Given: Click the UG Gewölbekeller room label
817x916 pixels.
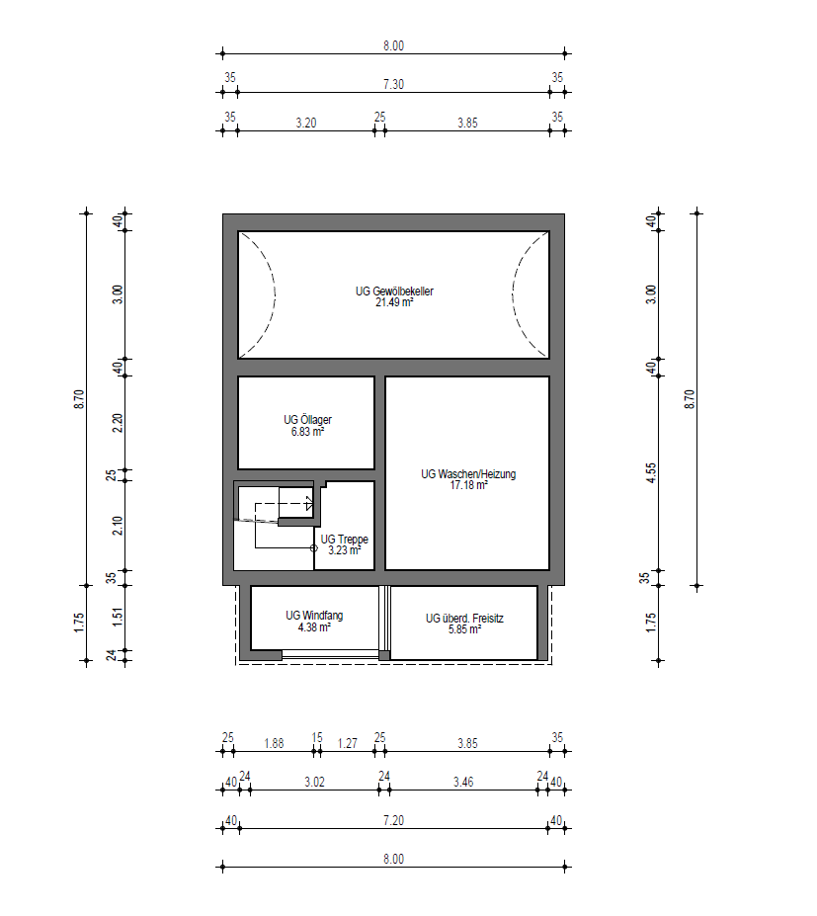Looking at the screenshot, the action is coord(394,291).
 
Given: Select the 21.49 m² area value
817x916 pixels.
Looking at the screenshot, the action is coord(394,302).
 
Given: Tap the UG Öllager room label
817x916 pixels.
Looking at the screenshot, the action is coord(308,419).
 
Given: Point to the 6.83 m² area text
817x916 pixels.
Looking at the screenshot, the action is coord(308,432).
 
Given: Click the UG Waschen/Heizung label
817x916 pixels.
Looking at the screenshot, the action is coord(468,473).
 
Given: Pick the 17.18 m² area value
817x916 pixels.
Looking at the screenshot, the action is coord(468,485).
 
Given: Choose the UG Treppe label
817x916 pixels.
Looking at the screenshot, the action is coord(345,540).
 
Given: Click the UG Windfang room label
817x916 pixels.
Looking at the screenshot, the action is coord(314,616).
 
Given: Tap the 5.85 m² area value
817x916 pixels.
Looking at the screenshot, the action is coord(465,629).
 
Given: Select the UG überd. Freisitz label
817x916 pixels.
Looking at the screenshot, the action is coord(464,618).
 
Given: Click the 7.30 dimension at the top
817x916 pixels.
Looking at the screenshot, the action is coord(393,84).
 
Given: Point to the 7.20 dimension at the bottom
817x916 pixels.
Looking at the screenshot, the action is coord(393,820).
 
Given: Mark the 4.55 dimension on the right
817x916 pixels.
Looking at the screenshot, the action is coord(651,472).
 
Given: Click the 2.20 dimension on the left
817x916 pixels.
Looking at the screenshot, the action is coord(118,422).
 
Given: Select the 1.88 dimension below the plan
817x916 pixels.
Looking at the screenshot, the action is coord(274,743).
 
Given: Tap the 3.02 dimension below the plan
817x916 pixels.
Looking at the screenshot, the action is coord(314,782).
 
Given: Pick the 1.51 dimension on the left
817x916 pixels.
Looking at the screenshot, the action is coord(118,618).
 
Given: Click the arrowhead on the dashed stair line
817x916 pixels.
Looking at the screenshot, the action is coord(309,504).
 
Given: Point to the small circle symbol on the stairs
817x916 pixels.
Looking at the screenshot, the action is coord(313,548).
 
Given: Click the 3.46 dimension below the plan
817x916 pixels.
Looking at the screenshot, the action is coord(463,782).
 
